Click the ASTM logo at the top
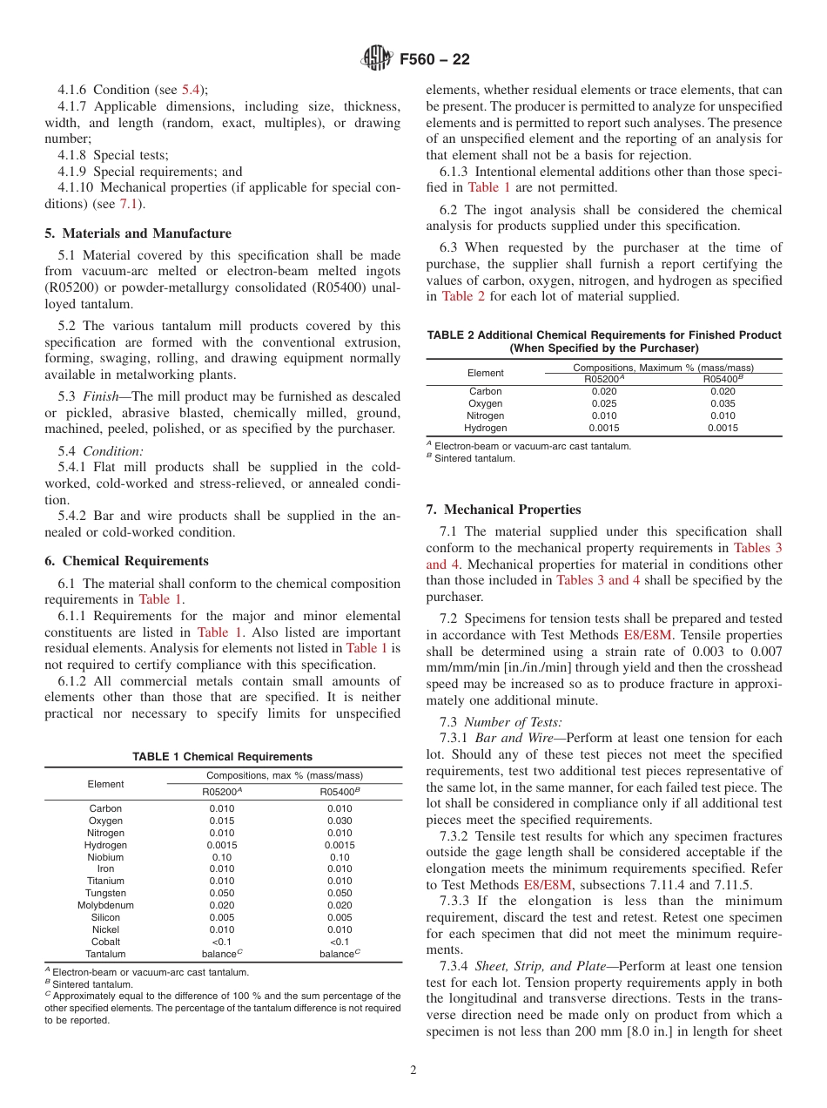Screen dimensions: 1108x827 (376, 59)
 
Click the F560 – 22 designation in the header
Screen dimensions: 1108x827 (434, 59)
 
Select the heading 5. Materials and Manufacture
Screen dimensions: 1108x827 (138, 233)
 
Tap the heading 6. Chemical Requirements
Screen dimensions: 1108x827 (127, 561)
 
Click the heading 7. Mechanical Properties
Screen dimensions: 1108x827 (503, 510)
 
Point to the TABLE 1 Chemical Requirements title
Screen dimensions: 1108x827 (222, 757)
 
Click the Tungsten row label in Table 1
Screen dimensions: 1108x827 (105, 893)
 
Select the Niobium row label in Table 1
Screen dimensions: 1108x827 (105, 857)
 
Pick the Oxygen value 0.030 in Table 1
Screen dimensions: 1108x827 (340, 821)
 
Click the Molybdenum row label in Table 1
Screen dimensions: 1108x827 (105, 905)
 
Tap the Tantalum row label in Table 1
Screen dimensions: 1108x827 (105, 954)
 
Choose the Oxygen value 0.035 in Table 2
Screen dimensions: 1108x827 (723, 403)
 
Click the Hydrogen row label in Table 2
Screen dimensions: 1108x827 (485, 428)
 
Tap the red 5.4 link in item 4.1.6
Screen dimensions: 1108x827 (191, 90)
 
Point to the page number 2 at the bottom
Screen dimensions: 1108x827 (413, 1071)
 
